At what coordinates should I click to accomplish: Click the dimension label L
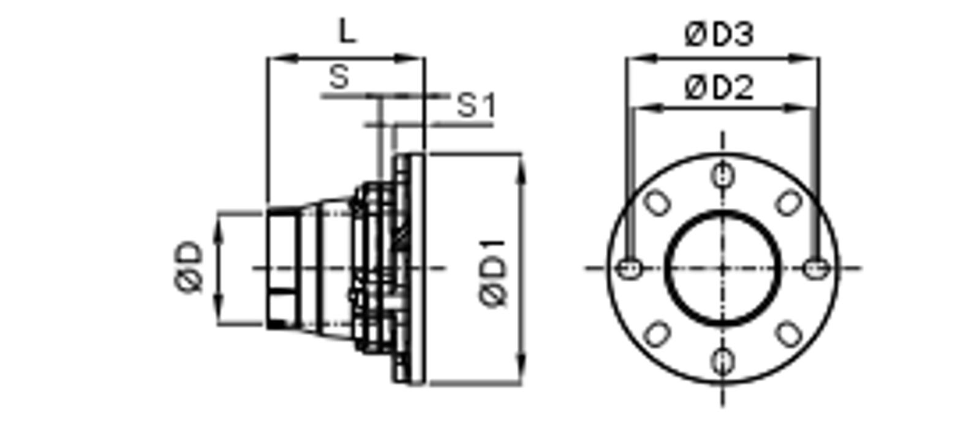click(x=348, y=31)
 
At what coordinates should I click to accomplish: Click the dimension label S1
click(x=476, y=105)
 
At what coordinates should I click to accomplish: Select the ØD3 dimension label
click(x=719, y=34)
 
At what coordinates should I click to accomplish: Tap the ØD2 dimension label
click(x=719, y=88)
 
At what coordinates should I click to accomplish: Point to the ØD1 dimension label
click(x=494, y=273)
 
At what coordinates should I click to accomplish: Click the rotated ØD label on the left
click(x=189, y=267)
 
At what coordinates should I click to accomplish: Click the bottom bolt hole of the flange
click(x=722, y=362)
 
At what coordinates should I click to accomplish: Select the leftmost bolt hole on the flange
click(x=629, y=268)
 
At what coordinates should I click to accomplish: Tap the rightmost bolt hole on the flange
click(x=816, y=268)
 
